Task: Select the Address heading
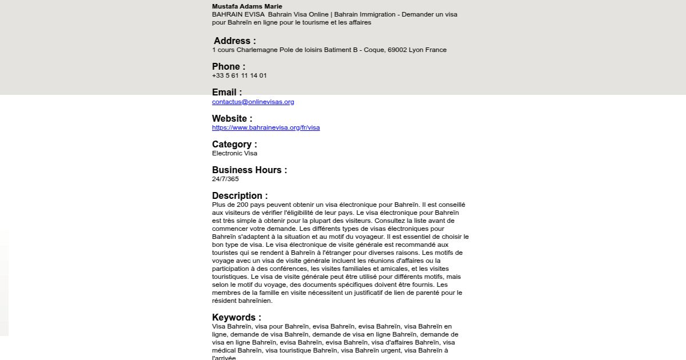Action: click(x=234, y=41)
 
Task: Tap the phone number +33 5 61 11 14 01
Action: click(x=239, y=75)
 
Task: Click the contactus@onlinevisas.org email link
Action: click(x=253, y=102)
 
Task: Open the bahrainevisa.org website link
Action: click(x=266, y=127)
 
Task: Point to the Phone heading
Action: click(x=229, y=67)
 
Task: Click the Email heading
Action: click(x=227, y=93)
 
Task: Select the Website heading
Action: click(x=232, y=119)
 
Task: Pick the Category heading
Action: click(x=234, y=145)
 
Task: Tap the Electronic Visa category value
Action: click(x=234, y=153)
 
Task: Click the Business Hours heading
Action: click(x=249, y=170)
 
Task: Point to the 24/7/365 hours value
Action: click(x=225, y=179)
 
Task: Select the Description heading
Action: click(x=240, y=196)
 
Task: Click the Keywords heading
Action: click(x=237, y=318)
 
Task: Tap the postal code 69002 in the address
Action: click(x=397, y=50)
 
